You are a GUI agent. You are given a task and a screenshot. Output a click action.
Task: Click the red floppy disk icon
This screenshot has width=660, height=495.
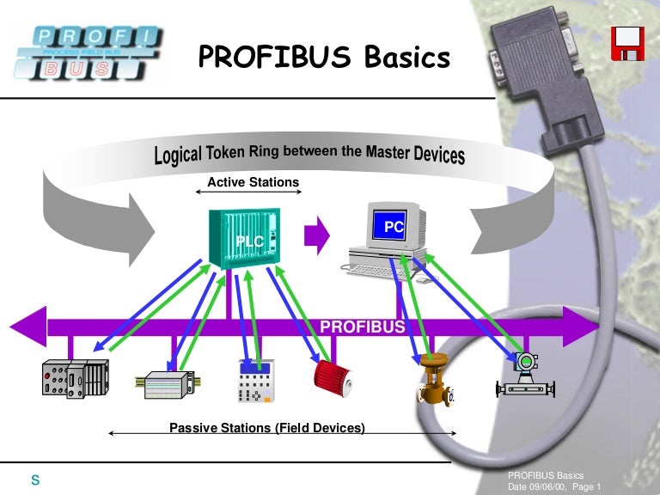[x=628, y=43]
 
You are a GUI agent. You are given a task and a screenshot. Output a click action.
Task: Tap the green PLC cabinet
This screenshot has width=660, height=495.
[x=243, y=240]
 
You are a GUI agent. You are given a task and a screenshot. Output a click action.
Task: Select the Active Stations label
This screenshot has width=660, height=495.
[x=254, y=182]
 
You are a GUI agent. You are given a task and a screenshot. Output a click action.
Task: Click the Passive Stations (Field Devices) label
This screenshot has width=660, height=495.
[x=266, y=428]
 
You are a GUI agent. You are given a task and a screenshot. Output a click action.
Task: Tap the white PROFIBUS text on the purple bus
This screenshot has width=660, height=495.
[x=362, y=327]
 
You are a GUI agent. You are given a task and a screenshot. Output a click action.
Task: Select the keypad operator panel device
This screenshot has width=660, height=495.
[x=254, y=381]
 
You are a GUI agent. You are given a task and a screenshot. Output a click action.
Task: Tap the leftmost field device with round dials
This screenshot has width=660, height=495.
[x=75, y=379]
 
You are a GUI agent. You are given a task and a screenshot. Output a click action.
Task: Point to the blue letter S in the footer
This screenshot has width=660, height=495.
[x=36, y=480]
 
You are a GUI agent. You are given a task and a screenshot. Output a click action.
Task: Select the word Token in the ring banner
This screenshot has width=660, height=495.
[x=229, y=155]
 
